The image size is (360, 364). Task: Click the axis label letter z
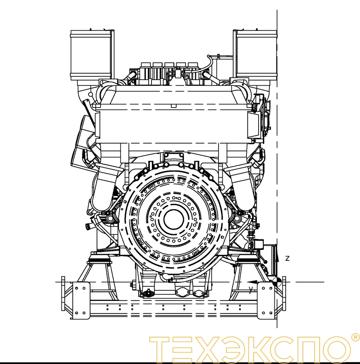tap(287, 258)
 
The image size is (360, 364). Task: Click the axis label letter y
tap(251, 290)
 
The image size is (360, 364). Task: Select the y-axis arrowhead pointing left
tap(252, 282)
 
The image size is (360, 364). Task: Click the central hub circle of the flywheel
tap(174, 219)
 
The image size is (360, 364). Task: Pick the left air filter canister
tap(91, 55)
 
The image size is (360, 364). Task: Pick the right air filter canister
tap(257, 55)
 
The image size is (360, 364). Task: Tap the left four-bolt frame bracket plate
tap(80, 301)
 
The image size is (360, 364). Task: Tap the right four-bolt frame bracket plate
tap(267, 301)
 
